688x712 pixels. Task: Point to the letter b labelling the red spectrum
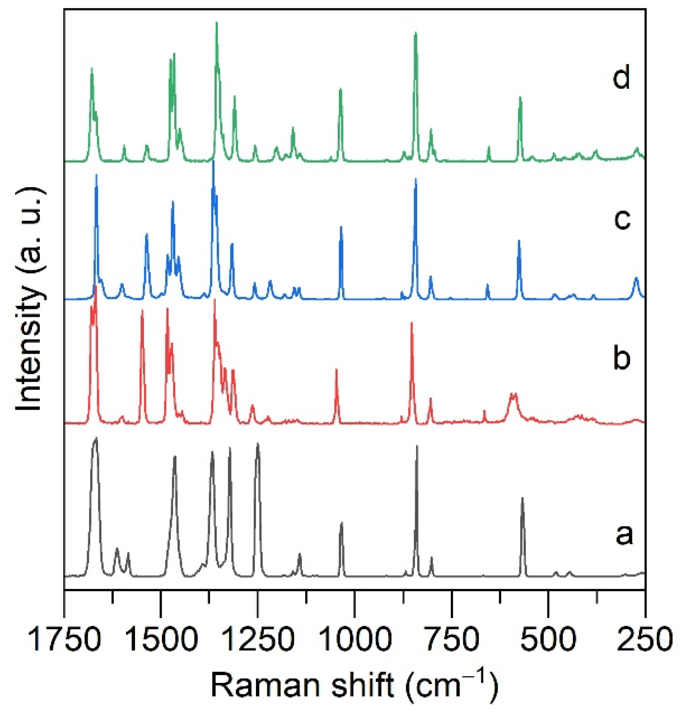(x=621, y=357)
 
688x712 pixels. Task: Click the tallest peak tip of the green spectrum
(x=217, y=23)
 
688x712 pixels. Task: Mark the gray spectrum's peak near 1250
(x=258, y=444)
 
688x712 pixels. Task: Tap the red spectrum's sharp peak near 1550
(x=142, y=311)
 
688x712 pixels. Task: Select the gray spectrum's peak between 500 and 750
(x=522, y=498)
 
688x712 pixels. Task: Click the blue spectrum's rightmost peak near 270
(x=636, y=278)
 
